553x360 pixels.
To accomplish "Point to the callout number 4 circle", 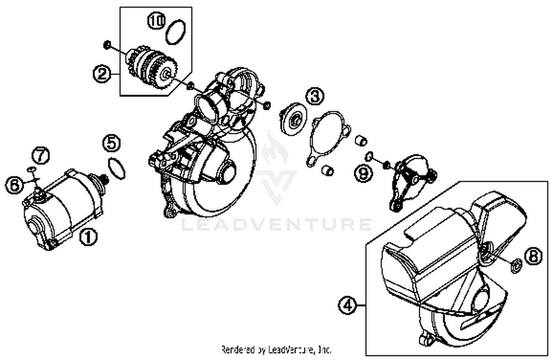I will pos(347,305).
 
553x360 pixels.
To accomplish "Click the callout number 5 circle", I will pos(112,143).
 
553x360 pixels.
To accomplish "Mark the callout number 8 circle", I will pos(533,256).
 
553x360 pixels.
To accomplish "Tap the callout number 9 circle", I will pos(364,173).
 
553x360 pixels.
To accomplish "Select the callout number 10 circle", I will pos(157,21).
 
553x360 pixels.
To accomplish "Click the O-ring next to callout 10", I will pos(175,32).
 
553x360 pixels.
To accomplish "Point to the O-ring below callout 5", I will pos(116,168).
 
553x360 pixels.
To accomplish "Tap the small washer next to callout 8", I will pos(516,265).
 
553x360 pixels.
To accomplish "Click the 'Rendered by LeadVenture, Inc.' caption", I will pos(276,349).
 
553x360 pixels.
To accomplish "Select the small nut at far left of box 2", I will pos(106,45).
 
